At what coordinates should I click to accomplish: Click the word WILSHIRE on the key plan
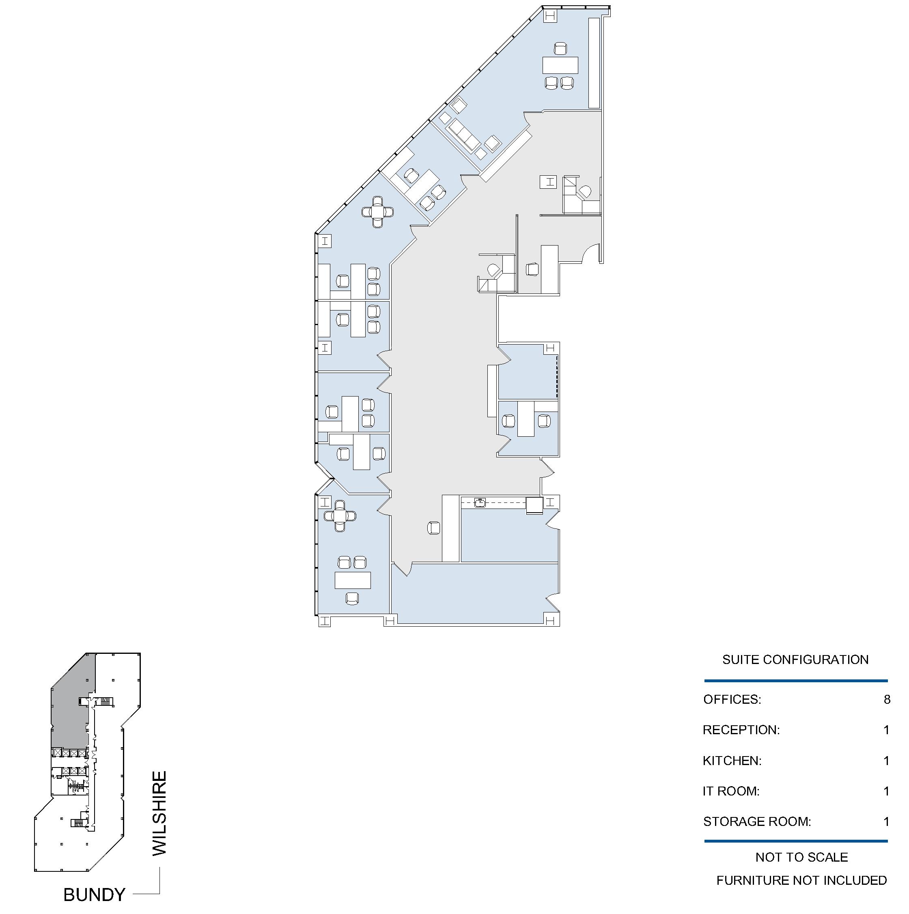[x=159, y=813]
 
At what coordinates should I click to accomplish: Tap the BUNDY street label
[x=95, y=895]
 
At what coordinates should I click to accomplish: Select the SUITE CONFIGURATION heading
[x=795, y=660]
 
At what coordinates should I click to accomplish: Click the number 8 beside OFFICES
[x=887, y=700]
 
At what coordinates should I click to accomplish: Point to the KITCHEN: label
[x=732, y=761]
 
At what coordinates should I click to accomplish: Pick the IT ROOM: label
[x=731, y=791]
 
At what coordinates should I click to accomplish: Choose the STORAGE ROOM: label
[x=757, y=822]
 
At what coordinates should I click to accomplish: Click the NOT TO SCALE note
[x=801, y=857]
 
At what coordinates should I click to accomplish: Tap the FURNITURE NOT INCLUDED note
[x=801, y=880]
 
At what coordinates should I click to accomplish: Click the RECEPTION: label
[x=741, y=730]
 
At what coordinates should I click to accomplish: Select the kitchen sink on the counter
[x=480, y=502]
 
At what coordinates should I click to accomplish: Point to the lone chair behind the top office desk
[x=560, y=49]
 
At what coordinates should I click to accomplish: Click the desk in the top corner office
[x=560, y=65]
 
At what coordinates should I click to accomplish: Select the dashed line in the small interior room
[x=557, y=377]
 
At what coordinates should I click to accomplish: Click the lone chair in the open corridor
[x=434, y=528]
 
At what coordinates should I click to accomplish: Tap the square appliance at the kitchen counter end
[x=534, y=505]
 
